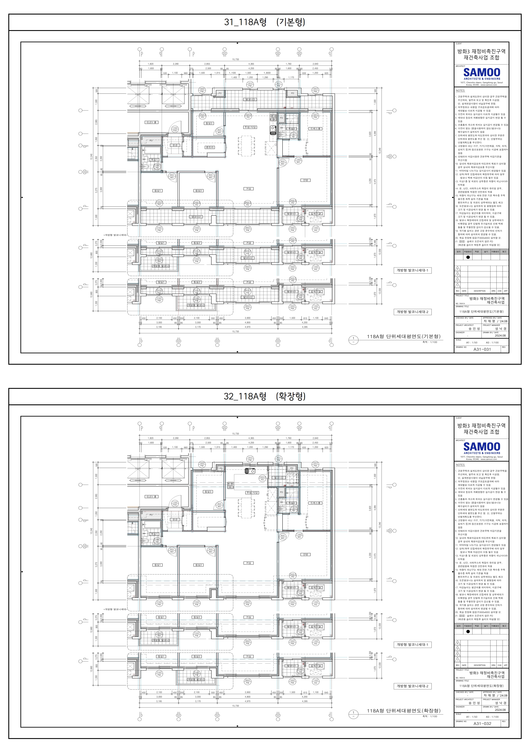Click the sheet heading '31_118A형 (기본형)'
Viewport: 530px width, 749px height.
pyautogui.click(x=265, y=22)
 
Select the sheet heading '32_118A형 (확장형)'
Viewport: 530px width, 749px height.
pyautogui.click(x=265, y=396)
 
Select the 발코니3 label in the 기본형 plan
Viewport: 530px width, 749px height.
pyautogui.click(x=250, y=99)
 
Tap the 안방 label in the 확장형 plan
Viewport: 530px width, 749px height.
pyautogui.click(x=305, y=554)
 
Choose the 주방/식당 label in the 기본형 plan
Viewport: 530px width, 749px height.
pyautogui.click(x=250, y=127)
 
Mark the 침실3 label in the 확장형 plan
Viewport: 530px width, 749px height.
pyautogui.click(x=208, y=492)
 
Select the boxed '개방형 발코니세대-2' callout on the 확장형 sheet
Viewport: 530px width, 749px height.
pyautogui.click(x=412, y=686)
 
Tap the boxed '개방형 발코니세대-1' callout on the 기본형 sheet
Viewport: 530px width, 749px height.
pyautogui.click(x=412, y=271)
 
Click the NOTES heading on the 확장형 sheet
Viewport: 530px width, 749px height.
pyautogui.click(x=460, y=465)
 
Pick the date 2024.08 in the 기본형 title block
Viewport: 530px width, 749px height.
pyautogui.click(x=500, y=335)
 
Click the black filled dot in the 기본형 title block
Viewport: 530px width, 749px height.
pyautogui.click(x=468, y=257)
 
